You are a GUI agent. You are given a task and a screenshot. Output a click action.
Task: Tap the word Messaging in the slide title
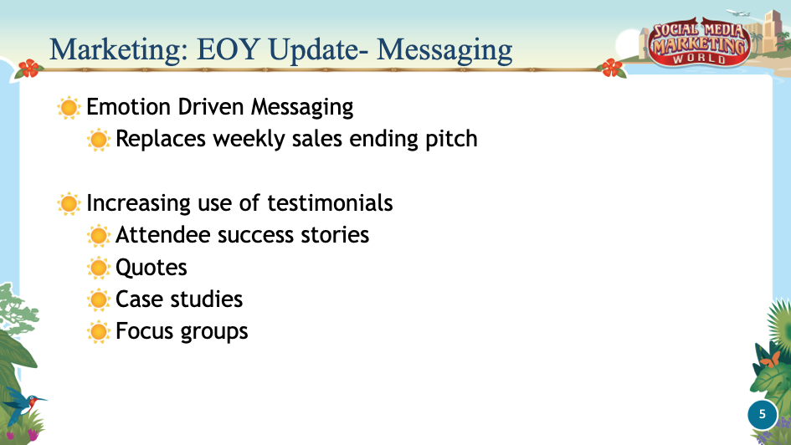pos(444,51)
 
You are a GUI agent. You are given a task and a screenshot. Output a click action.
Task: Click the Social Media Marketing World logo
pos(699,44)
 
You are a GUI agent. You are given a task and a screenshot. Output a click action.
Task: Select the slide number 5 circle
pos(763,414)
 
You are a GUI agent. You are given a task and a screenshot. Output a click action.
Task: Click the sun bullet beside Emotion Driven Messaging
pos(69,107)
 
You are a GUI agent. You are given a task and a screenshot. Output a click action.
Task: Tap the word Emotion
pos(128,107)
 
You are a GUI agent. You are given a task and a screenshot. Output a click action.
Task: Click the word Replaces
pos(161,140)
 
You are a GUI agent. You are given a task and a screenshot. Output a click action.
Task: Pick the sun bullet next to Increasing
pos(69,203)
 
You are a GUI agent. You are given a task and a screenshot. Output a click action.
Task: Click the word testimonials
pos(330,203)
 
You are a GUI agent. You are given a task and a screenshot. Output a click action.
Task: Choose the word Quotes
pos(152,268)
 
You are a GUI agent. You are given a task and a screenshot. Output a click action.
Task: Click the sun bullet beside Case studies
pos(99,299)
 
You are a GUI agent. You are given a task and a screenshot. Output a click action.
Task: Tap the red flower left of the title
pos(28,69)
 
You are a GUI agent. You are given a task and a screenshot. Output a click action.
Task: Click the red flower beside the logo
pos(612,68)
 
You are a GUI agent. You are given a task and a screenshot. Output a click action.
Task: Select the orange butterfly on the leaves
pos(770,360)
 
